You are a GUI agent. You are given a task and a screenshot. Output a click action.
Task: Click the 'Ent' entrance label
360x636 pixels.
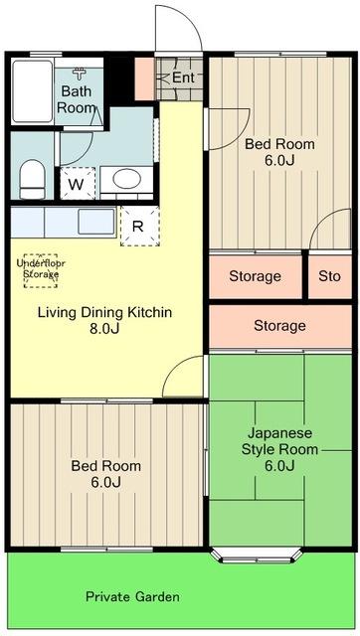click(x=183, y=78)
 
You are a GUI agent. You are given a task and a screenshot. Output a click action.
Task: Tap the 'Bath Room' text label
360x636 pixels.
click(x=77, y=99)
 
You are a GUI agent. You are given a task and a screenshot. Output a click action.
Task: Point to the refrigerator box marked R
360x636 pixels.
click(x=136, y=225)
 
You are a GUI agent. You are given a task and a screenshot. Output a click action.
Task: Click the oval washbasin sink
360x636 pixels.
click(x=126, y=180)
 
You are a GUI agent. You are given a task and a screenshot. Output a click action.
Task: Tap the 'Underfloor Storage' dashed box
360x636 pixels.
click(x=41, y=268)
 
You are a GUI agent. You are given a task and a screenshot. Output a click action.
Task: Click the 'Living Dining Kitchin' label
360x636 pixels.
click(x=105, y=312)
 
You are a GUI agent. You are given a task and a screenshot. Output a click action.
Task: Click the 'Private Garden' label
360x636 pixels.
click(x=132, y=597)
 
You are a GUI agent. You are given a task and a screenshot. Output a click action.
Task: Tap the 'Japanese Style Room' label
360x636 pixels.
click(x=280, y=441)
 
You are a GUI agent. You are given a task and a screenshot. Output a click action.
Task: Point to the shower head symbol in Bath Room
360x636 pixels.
click(x=83, y=74)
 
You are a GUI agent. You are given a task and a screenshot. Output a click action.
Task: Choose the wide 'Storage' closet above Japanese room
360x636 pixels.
click(x=279, y=326)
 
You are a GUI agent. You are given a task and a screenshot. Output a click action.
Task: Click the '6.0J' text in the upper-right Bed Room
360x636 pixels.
click(x=280, y=161)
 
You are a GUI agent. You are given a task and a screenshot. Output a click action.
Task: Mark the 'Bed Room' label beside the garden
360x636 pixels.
click(x=105, y=465)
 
